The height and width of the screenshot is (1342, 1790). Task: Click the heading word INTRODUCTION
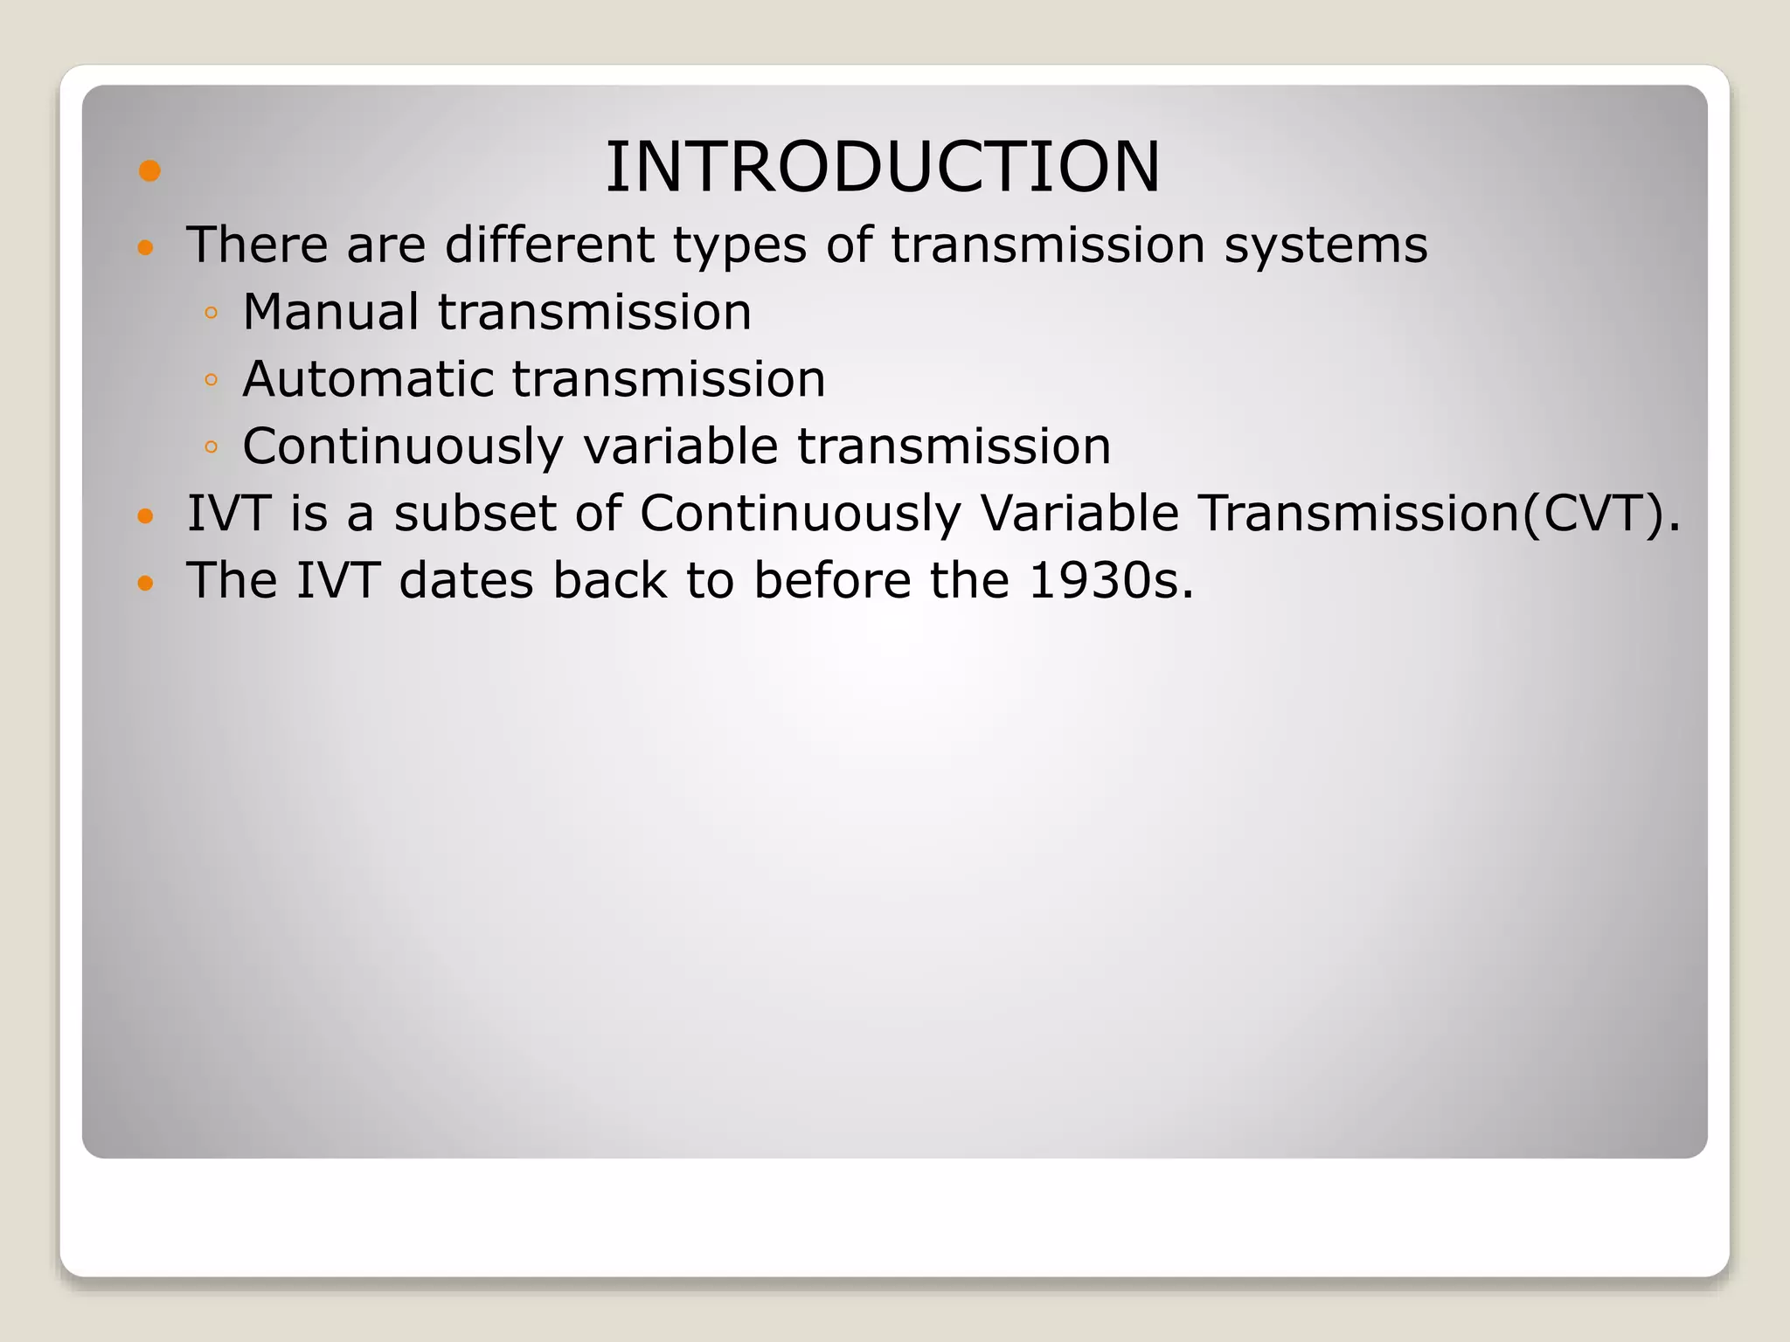883,167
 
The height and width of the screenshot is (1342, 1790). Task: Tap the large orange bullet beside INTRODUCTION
149,170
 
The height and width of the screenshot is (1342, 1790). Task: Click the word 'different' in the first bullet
549,245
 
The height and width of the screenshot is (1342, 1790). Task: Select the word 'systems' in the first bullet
1325,246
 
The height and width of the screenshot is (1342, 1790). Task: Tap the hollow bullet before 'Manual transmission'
210,313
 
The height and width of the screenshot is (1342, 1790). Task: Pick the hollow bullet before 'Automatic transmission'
210,380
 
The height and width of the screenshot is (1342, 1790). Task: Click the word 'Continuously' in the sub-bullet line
402,446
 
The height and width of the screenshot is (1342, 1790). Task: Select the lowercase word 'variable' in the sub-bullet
680,446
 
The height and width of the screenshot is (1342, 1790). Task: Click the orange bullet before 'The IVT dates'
146,582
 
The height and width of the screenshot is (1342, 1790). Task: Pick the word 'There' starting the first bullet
256,245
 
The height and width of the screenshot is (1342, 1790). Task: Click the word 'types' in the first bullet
739,246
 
